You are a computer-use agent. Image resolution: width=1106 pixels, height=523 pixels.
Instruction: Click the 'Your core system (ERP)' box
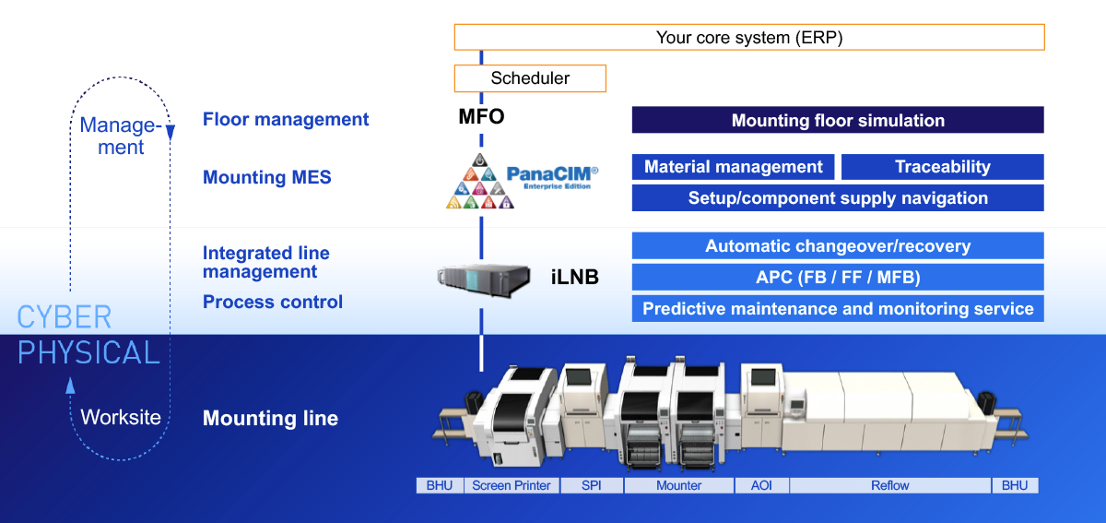748,38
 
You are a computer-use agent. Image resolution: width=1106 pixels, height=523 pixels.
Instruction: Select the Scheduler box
530,78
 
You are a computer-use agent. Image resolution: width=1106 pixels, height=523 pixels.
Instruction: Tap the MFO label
481,118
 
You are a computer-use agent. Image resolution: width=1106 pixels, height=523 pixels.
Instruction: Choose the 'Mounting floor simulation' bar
837,120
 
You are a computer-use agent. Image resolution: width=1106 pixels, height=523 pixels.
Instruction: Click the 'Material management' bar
733,167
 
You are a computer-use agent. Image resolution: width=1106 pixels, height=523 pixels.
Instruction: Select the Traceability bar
942,167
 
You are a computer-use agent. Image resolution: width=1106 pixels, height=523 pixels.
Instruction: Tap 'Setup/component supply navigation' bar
837,198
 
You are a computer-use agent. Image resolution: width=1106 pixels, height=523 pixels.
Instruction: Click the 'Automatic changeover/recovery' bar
837,246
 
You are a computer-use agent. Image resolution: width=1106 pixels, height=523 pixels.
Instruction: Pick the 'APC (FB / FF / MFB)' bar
837,278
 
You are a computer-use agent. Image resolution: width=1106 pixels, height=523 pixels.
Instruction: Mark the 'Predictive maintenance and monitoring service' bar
837,309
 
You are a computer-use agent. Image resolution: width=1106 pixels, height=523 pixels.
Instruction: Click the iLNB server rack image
485,276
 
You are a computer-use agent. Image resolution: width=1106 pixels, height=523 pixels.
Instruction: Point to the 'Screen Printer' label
511,485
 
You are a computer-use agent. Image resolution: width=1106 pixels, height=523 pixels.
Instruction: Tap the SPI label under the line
591,485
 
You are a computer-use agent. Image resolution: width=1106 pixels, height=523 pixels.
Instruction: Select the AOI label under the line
761,485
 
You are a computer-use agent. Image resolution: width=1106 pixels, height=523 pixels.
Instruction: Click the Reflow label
889,485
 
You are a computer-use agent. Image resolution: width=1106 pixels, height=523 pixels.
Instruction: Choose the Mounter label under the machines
678,485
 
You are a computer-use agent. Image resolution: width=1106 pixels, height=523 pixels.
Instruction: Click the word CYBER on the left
65,318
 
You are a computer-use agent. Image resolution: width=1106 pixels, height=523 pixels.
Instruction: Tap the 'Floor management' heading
286,119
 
